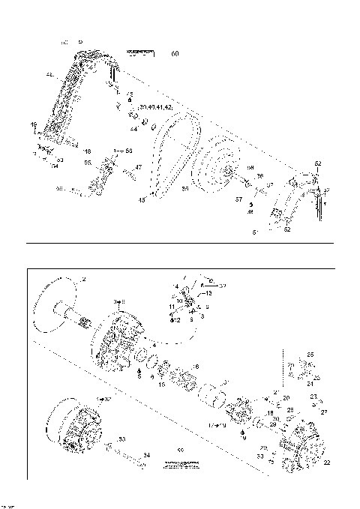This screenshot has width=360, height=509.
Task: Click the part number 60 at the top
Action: pos(175,53)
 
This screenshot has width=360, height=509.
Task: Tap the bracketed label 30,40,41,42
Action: pos(155,108)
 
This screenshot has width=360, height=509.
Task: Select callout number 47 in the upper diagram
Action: pos(139,167)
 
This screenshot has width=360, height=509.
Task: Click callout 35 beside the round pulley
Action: pos(185,189)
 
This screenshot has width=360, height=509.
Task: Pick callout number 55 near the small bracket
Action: pos(87,163)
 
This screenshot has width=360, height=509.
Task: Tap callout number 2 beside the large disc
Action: pos(84,280)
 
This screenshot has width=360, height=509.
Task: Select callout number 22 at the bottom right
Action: pos(326,463)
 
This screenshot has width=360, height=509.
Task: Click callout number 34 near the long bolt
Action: pos(146,454)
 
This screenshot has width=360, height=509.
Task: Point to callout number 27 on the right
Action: pos(325,412)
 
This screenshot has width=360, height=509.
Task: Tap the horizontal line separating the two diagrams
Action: pos(180,243)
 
